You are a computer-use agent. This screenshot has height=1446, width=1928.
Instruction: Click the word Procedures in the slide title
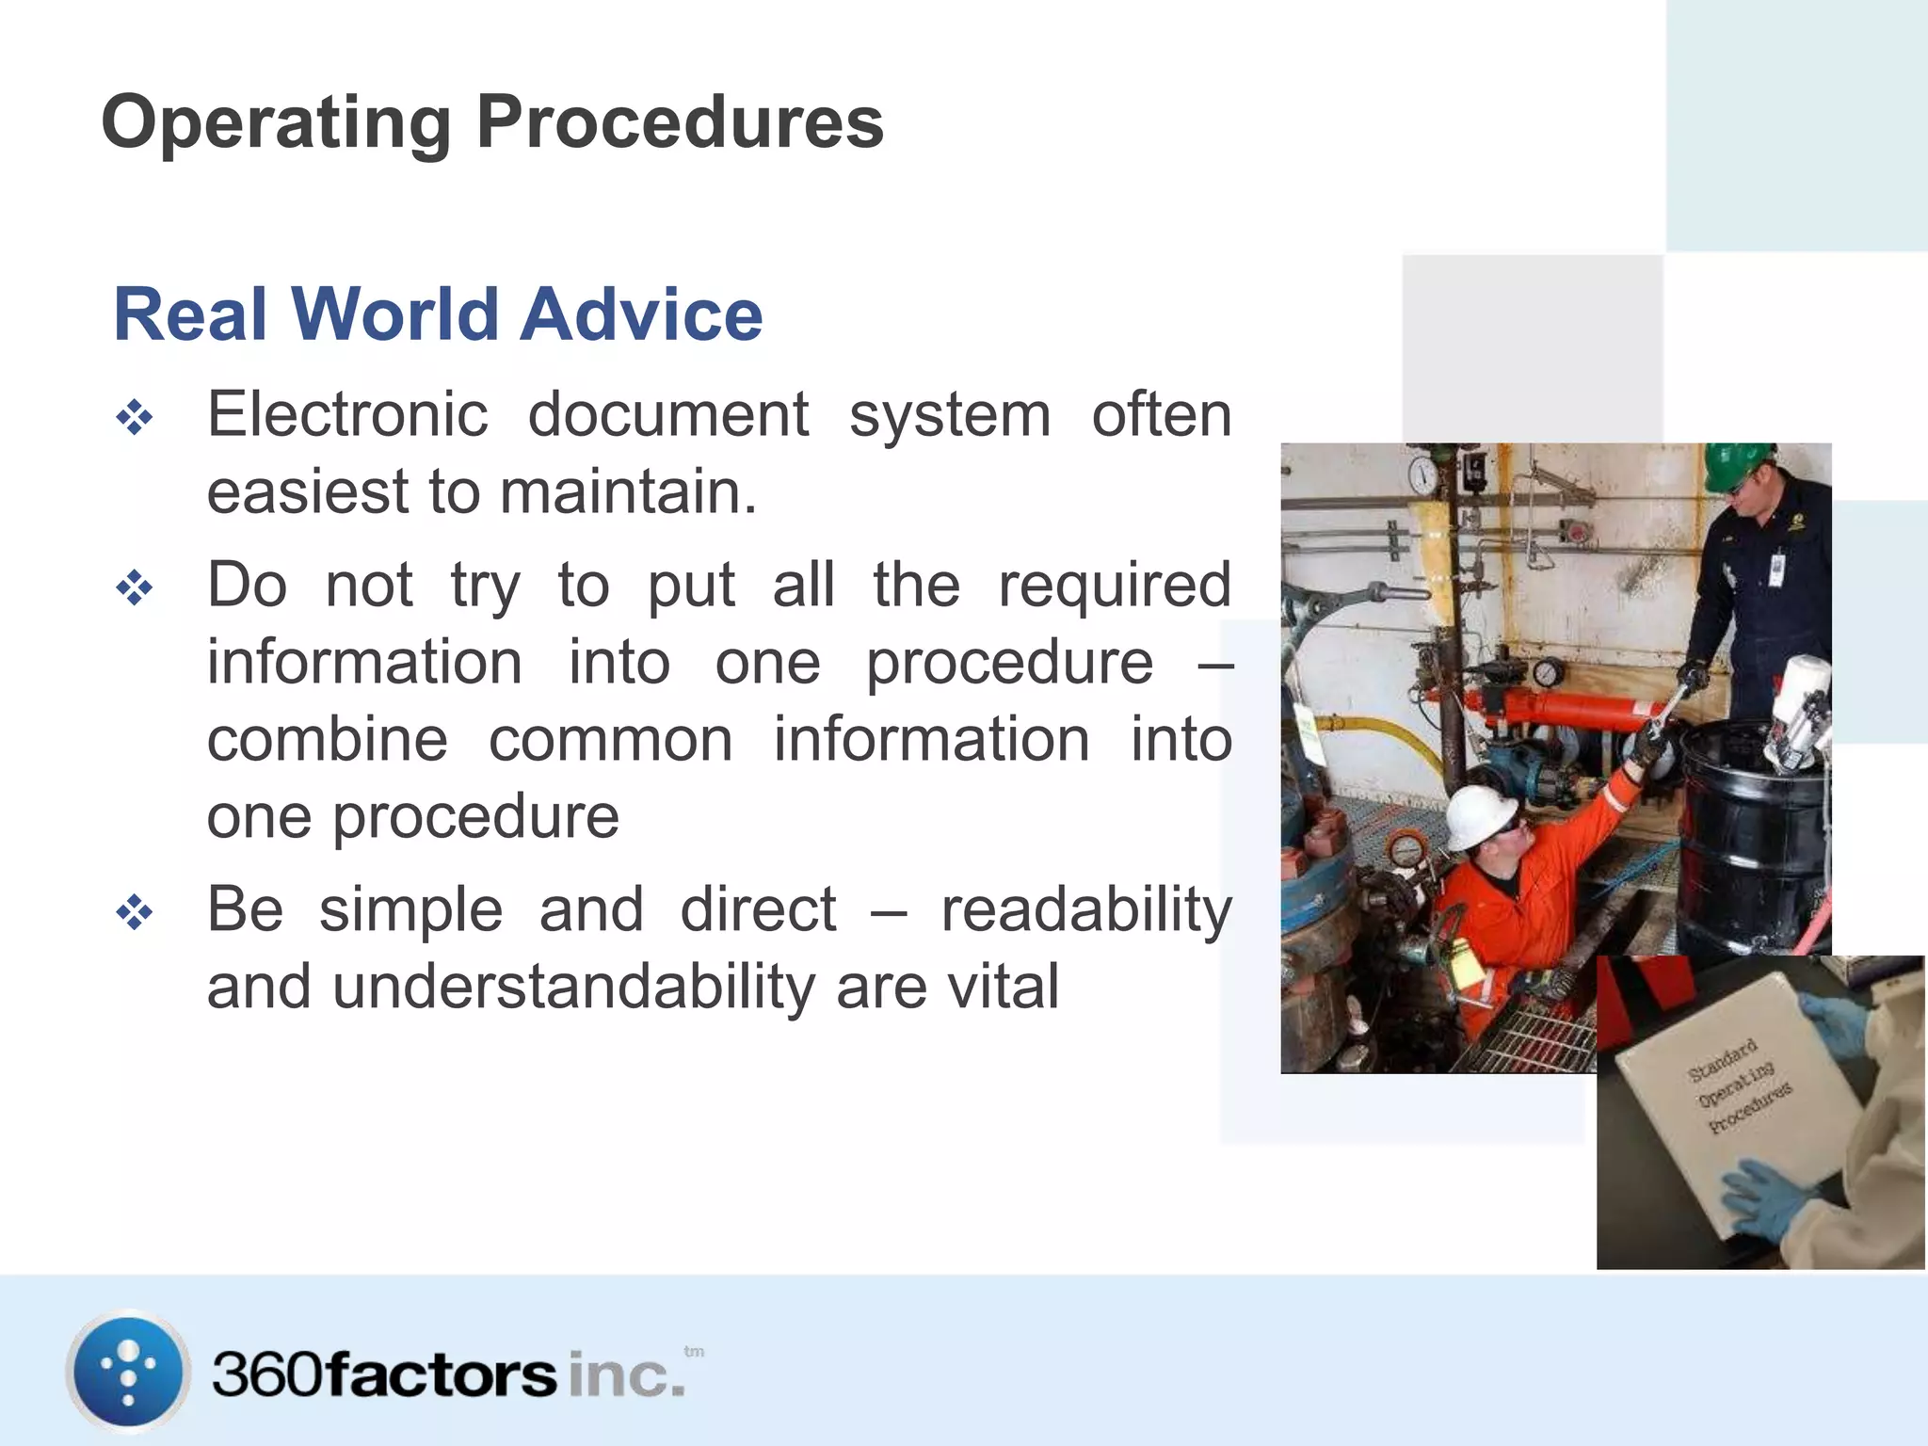pos(680,122)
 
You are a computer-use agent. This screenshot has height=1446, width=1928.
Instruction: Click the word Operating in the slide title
pos(276,122)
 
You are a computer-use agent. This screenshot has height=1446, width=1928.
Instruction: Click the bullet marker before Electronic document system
pos(134,418)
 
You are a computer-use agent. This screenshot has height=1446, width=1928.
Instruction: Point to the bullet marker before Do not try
pos(134,589)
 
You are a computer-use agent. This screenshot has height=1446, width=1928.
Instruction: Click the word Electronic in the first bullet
pos(347,415)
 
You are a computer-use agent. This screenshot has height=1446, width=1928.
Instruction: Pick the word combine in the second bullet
pos(327,740)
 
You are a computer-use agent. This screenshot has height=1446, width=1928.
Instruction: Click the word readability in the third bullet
pos(1086,911)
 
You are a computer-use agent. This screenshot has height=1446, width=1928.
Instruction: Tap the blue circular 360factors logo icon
pos(128,1372)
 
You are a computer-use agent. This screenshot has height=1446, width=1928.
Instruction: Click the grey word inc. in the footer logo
pos(626,1375)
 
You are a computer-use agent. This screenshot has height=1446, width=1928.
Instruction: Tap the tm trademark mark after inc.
pos(694,1352)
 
